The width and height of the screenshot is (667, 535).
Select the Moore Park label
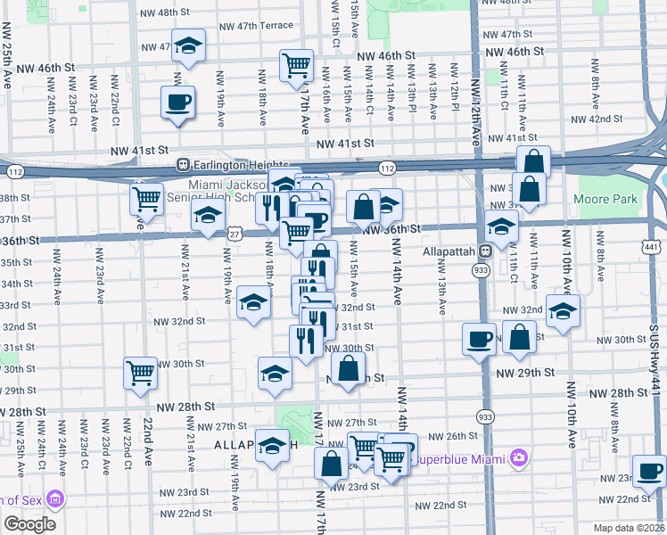(605, 199)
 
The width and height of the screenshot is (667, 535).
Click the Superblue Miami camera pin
(519, 458)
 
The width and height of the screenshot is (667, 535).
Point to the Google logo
(29, 523)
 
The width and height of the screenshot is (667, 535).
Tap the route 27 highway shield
(235, 232)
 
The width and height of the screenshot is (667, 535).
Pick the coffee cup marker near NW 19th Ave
(177, 102)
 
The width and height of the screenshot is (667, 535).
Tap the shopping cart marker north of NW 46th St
(295, 65)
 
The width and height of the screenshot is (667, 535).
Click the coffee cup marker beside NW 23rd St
(648, 470)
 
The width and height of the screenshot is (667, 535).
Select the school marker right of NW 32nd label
(564, 311)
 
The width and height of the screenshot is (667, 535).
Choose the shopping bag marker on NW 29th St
(349, 367)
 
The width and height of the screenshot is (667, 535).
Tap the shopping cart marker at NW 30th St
(141, 373)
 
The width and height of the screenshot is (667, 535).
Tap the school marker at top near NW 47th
(188, 46)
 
